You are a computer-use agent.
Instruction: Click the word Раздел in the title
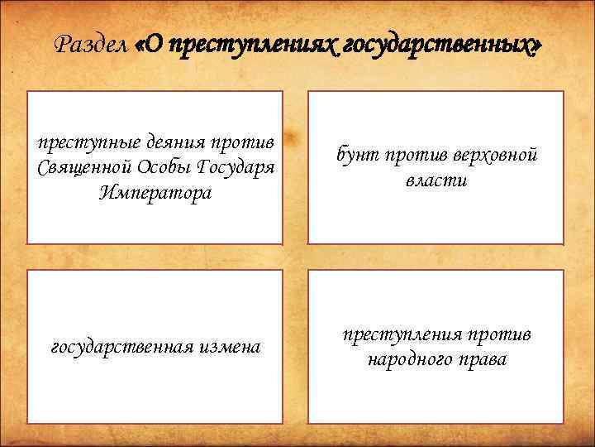pos(90,46)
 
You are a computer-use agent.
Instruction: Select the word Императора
pos(155,193)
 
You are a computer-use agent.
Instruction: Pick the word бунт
pos(356,155)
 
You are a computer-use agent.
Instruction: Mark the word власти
pos(436,180)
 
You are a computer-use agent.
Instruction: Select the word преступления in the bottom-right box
pos(404,334)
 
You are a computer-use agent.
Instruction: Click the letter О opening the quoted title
pos(157,46)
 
